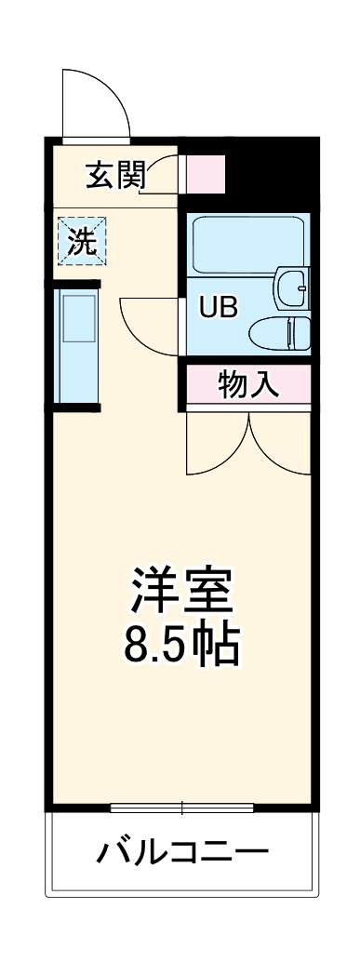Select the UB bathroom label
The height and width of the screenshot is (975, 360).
point(220,308)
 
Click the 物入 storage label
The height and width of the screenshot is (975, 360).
point(248,384)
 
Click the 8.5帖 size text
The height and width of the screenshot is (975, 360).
point(183,644)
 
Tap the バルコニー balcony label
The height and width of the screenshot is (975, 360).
point(183,851)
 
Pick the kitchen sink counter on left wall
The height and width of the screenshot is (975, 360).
point(75,343)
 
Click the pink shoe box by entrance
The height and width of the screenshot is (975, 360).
point(206,174)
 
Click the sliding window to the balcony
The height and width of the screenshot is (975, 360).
point(182,807)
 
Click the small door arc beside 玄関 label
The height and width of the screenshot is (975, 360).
point(165,173)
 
